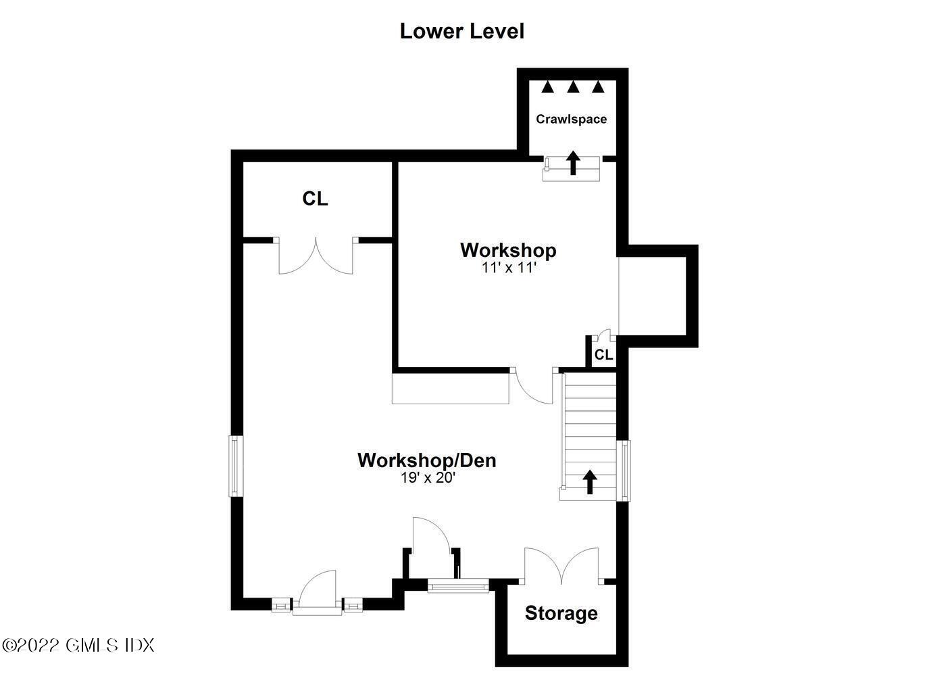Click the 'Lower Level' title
[461, 32]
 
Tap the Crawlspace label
[571, 119]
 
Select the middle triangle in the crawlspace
[573, 87]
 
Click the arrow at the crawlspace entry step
[573, 163]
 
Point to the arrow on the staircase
[590, 481]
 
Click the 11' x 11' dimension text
[509, 268]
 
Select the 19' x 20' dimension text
[428, 478]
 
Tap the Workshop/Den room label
[427, 460]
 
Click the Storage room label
[561, 613]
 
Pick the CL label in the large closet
[316, 199]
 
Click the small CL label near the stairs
[603, 355]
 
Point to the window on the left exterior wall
[236, 466]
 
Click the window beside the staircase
[623, 470]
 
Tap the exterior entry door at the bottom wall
[318, 591]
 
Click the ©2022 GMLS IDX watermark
[78, 646]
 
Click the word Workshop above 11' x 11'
[508, 250]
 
